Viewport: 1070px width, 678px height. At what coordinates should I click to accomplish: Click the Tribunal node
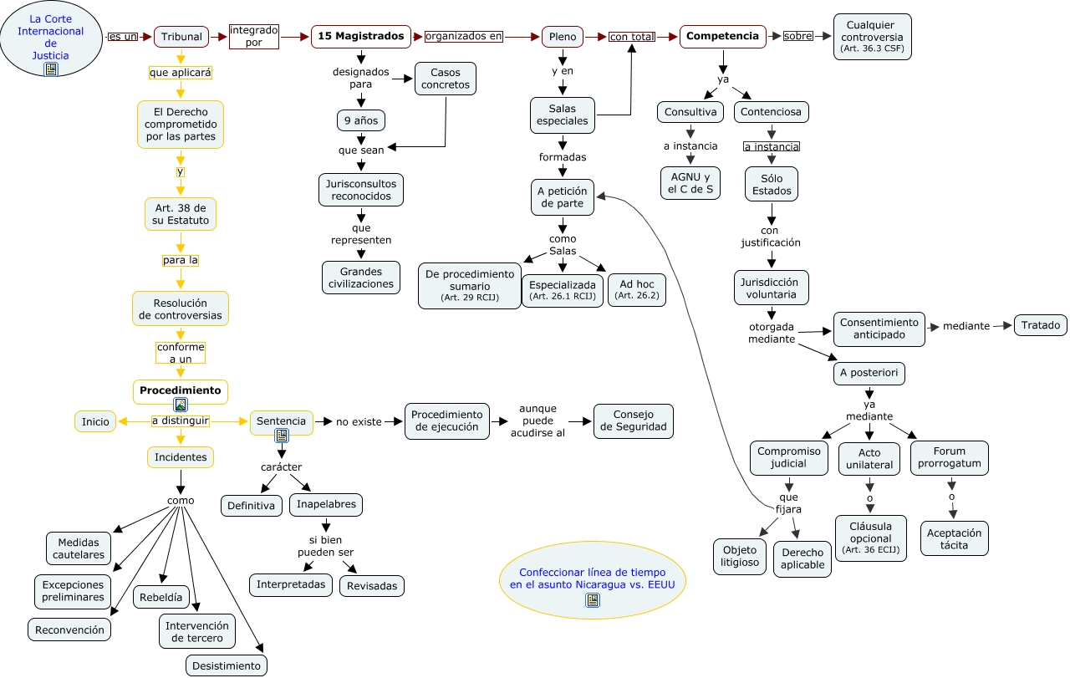(181, 37)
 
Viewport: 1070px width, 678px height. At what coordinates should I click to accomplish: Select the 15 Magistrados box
(361, 37)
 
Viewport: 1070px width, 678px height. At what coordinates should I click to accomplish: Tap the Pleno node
(563, 37)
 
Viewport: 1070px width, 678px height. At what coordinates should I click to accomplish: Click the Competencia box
(722, 37)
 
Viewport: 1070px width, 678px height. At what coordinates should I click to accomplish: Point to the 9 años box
(361, 120)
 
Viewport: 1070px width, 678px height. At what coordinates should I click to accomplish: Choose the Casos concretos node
(446, 79)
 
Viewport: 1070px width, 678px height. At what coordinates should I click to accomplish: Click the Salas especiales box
(563, 115)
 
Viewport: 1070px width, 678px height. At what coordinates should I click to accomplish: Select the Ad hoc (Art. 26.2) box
(637, 289)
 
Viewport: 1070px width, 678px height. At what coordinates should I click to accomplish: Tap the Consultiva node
(690, 111)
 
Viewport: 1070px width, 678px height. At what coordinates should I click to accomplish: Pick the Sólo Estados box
(772, 184)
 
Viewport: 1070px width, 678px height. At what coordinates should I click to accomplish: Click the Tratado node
(1041, 325)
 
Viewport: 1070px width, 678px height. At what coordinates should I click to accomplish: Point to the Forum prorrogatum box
(949, 457)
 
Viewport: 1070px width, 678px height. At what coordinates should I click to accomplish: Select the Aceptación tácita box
(954, 538)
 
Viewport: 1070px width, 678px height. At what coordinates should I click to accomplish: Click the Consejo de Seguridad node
(633, 421)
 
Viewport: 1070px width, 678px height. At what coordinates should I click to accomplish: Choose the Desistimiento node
(227, 665)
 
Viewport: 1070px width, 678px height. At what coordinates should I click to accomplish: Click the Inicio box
(95, 421)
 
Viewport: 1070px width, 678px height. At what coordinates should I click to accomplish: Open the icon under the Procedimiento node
(180, 405)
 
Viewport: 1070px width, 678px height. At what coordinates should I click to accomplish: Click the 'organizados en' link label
(464, 37)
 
